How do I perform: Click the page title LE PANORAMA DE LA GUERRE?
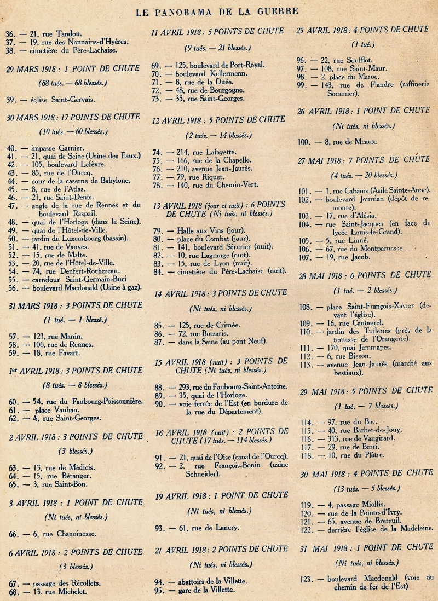click(218, 10)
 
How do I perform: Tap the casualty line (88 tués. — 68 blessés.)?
click(72, 83)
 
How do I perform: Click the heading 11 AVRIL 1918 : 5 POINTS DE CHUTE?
click(217, 31)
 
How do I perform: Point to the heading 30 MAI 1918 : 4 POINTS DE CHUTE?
click(366, 472)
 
